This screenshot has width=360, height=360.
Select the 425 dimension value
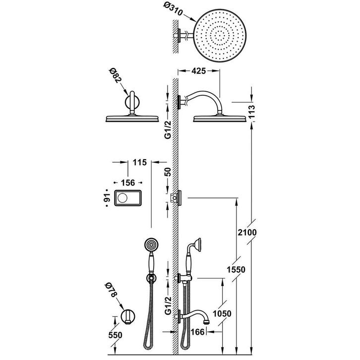click(x=198, y=71)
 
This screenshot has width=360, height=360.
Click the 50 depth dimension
click(x=168, y=172)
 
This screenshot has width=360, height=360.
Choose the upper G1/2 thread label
click(x=168, y=130)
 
